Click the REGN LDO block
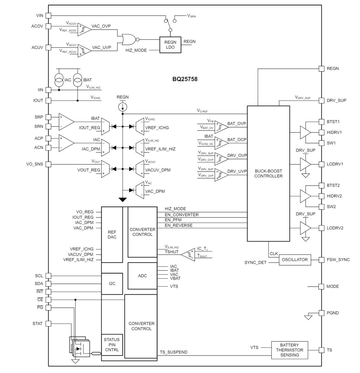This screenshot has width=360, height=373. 170,45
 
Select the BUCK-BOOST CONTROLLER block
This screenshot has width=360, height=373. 268,173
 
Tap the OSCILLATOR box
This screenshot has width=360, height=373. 294,260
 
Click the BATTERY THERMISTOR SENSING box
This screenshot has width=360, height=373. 289,350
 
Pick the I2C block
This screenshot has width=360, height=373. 112,283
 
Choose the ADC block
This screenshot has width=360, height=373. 142,276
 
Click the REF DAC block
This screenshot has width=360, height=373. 112,234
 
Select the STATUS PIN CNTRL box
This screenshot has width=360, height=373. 112,344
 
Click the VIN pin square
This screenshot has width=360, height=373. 48,15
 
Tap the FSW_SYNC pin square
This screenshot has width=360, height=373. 321,260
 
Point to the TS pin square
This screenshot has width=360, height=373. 321,350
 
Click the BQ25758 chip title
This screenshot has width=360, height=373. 185,79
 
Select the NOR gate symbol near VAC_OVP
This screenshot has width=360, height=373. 128,39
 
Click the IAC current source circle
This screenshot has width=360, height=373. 59,80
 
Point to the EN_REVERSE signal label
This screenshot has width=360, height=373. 179,225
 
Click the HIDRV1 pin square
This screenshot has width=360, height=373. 321,132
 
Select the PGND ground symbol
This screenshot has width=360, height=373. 308,317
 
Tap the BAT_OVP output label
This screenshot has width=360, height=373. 237,124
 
